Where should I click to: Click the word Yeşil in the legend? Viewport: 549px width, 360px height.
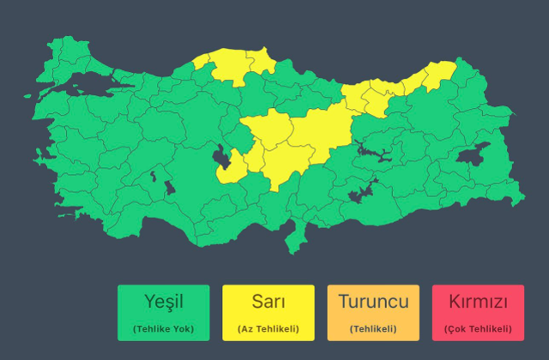(x=163, y=302)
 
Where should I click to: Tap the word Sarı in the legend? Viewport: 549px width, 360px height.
(x=268, y=302)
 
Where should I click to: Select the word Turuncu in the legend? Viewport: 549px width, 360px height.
(x=373, y=302)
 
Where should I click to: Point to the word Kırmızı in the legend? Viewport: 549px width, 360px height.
(x=478, y=303)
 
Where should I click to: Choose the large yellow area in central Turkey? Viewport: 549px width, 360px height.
(x=292, y=141)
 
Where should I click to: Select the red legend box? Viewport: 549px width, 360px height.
(x=478, y=313)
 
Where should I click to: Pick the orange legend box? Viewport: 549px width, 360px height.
(x=373, y=313)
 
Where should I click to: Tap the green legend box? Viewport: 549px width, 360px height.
(x=163, y=313)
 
